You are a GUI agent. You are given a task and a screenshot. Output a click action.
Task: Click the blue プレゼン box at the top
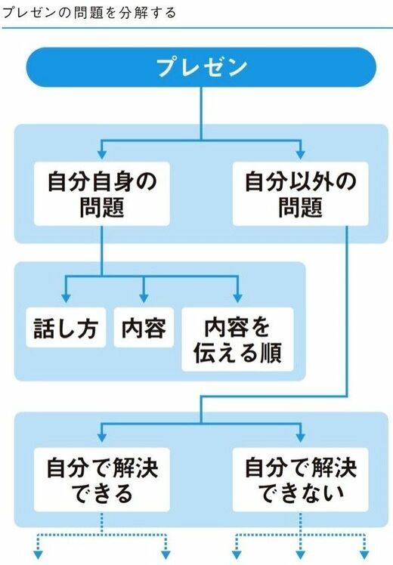201,67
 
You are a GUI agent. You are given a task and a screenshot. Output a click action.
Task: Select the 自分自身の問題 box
102,194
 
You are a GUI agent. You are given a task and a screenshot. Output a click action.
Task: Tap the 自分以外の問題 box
300,194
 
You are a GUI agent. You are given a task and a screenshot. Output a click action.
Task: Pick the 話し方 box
66,327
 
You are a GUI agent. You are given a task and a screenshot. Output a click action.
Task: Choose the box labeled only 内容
144,327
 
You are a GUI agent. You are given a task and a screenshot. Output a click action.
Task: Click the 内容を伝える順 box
237,339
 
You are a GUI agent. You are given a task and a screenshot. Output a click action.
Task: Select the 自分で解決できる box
102,480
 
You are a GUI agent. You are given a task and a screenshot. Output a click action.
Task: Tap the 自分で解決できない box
300,480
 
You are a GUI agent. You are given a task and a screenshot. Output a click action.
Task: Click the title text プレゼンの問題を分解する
89,13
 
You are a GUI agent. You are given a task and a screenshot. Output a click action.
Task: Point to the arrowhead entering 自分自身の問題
102,154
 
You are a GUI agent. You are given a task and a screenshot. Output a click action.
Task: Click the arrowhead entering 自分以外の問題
300,154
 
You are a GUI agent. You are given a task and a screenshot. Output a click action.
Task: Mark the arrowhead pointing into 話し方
66,298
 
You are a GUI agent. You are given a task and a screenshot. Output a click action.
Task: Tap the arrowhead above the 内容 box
144,298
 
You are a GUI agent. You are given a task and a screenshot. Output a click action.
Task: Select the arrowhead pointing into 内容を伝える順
237,298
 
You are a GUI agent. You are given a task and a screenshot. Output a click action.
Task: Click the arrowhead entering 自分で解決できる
102,438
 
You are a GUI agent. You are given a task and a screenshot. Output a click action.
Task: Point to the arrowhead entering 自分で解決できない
300,438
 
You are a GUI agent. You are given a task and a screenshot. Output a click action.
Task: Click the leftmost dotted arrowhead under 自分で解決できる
38,555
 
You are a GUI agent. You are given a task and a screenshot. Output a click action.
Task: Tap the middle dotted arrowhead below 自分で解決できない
300,555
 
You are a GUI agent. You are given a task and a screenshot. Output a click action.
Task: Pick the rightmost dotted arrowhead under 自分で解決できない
364,555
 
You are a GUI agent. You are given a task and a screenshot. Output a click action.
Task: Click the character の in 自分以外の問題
345,181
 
